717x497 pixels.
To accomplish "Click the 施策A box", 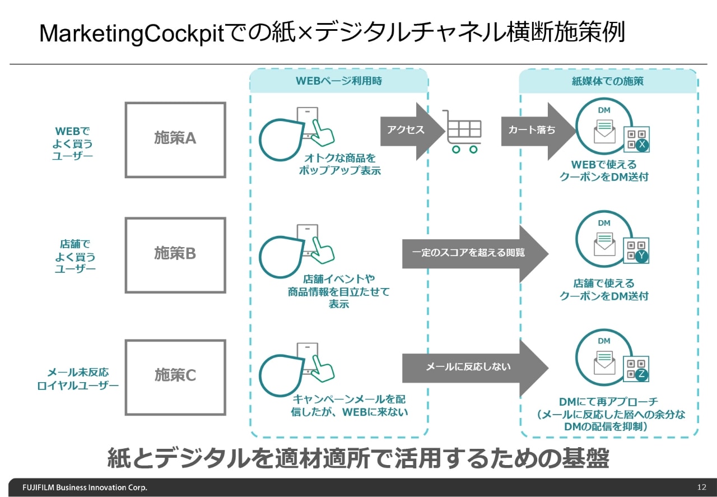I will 175,140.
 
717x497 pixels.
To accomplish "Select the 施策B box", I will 175,255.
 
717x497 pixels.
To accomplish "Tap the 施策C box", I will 175,376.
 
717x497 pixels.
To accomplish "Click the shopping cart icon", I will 462,131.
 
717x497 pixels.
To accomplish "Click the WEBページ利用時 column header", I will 338,81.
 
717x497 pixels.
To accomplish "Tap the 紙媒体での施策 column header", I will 607,81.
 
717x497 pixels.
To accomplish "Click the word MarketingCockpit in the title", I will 131,35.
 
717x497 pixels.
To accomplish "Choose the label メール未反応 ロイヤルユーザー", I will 78,379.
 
